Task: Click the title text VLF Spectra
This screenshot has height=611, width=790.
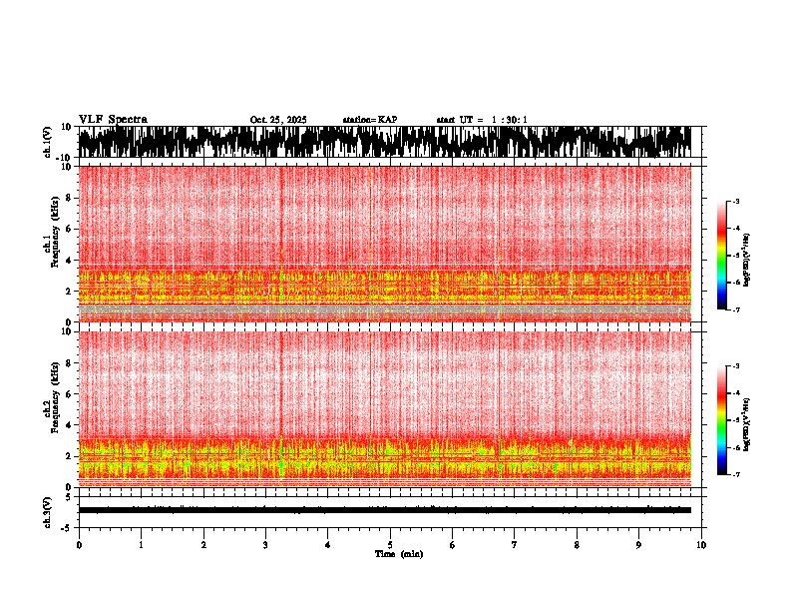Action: [113, 119]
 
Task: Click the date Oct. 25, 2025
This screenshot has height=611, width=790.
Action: [278, 120]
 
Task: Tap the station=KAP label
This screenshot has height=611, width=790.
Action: [369, 120]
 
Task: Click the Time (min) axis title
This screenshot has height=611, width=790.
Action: [398, 554]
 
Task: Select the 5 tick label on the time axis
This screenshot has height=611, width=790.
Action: [390, 545]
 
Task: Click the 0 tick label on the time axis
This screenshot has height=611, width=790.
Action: [79, 545]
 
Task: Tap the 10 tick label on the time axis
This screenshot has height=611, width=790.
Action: [701, 545]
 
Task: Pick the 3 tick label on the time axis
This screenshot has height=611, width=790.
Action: [265, 545]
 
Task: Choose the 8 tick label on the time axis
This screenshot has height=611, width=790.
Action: [577, 545]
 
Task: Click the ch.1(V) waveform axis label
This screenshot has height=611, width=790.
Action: [47, 142]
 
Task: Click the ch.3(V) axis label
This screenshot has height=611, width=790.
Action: [47, 510]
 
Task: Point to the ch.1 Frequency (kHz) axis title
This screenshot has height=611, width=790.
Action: [52, 244]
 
